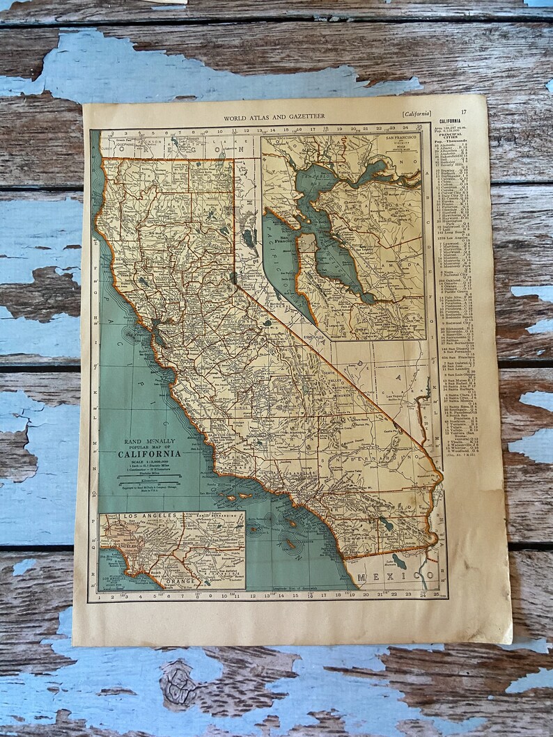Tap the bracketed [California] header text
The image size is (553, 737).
(416, 113)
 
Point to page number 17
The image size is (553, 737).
(463, 112)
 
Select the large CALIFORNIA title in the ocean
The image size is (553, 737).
(149, 454)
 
